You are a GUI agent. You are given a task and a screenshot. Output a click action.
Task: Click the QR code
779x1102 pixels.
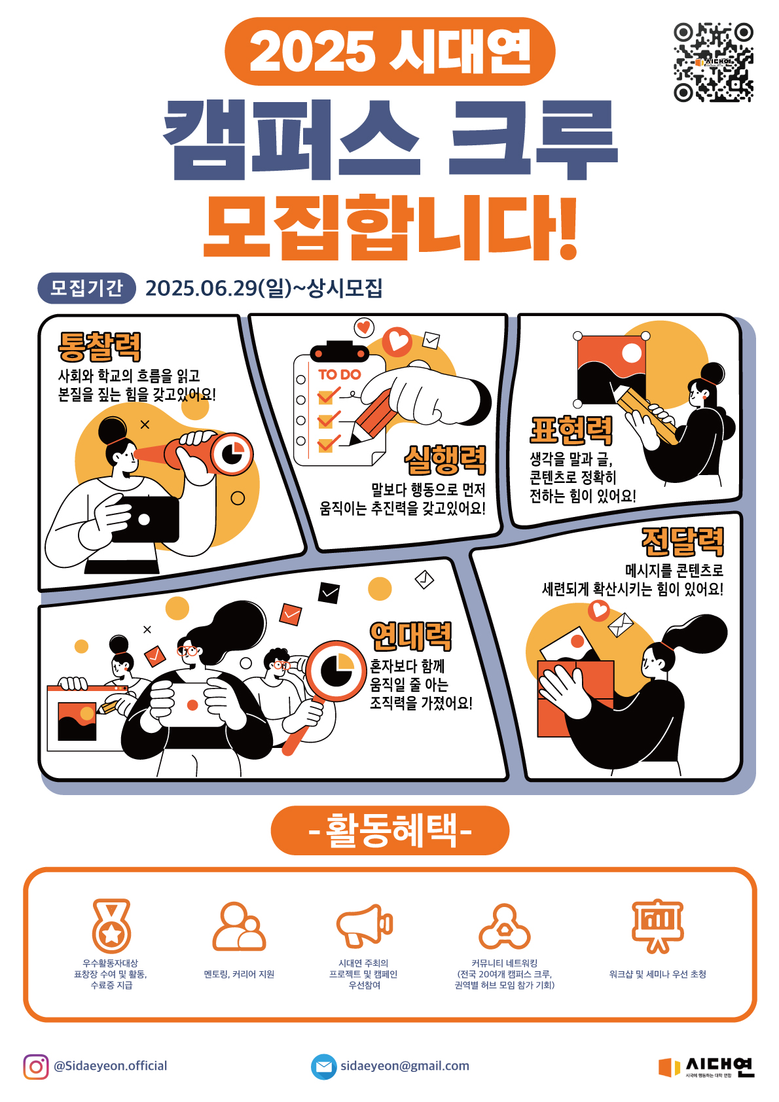point(713,62)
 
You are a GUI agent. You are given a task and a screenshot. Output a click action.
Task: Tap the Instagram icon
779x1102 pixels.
point(36,1067)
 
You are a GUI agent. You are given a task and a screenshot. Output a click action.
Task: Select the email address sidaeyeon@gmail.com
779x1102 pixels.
point(405,1066)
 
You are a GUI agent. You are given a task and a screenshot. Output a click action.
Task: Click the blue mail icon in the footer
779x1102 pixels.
point(324,1067)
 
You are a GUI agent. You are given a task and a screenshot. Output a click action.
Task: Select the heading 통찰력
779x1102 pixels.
point(100,346)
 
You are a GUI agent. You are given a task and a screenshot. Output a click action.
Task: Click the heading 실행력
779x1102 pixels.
point(445,460)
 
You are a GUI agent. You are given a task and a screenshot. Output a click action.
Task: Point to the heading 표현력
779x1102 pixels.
point(571,431)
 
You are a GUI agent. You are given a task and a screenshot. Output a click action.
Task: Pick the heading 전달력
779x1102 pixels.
point(683,541)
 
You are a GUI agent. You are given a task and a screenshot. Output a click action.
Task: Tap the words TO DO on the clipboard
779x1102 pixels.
point(340,374)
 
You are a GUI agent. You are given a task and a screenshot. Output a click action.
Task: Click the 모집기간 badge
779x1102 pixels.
point(86,288)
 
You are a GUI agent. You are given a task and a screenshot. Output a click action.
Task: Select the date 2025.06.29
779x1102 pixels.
point(201,289)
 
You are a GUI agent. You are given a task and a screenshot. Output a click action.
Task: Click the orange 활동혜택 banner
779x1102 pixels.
point(389,831)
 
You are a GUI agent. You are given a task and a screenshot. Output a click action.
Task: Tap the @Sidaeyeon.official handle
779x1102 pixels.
point(110,1066)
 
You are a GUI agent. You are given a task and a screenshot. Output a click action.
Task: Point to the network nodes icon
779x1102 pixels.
point(505,927)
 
